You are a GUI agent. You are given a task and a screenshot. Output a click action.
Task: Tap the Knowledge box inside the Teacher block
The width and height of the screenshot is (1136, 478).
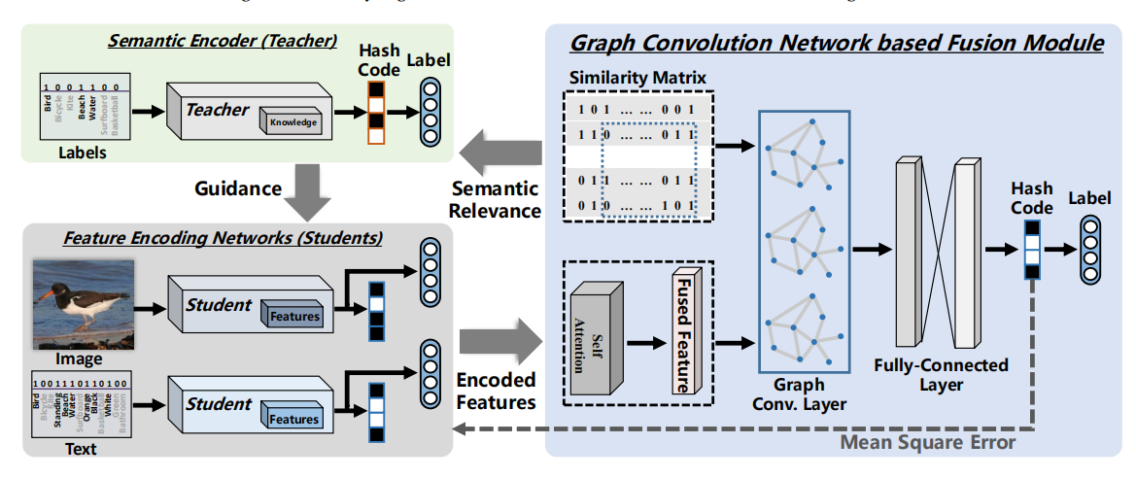point(293,122)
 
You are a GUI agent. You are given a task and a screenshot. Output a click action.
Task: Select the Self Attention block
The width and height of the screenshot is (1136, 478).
point(596,339)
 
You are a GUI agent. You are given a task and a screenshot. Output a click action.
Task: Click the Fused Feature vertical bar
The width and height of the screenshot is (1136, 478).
point(685,332)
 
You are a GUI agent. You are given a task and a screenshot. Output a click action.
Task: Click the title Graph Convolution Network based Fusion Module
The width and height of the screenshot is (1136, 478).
point(836,43)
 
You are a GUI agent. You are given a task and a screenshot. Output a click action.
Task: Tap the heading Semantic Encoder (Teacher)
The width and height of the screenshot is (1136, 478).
point(223,41)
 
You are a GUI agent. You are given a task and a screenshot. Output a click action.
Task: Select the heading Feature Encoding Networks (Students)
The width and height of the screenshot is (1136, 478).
point(223,237)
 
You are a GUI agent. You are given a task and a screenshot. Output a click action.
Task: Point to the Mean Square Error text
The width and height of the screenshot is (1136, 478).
point(927,443)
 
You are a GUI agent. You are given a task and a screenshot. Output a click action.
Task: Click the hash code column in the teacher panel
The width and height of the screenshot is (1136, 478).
point(377,110)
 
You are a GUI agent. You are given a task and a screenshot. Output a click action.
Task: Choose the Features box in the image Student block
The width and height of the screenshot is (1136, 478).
point(293,315)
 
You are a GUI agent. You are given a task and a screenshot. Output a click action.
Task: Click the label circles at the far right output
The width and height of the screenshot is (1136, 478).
point(1089,249)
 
